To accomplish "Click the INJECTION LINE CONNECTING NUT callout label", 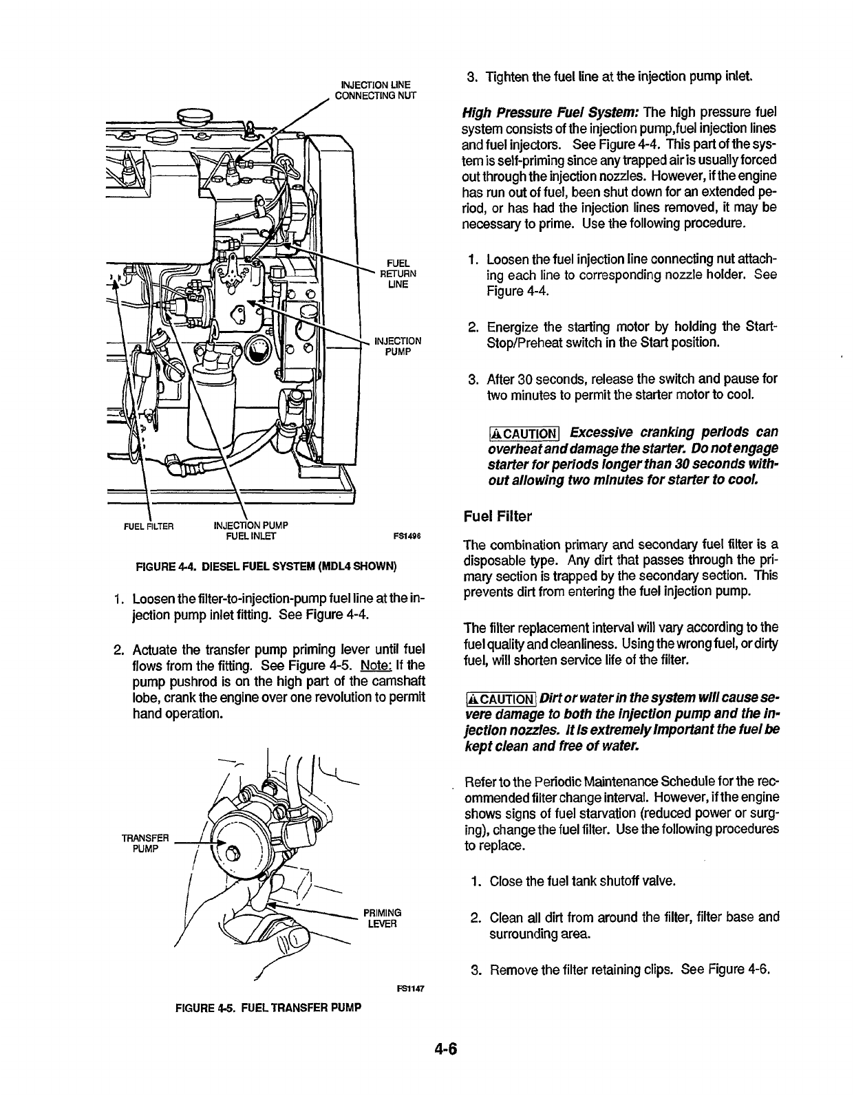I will (375, 89).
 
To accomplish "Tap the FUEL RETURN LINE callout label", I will (398, 273).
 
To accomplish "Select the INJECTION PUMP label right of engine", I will (397, 346).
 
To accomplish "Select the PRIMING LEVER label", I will (383, 918).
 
